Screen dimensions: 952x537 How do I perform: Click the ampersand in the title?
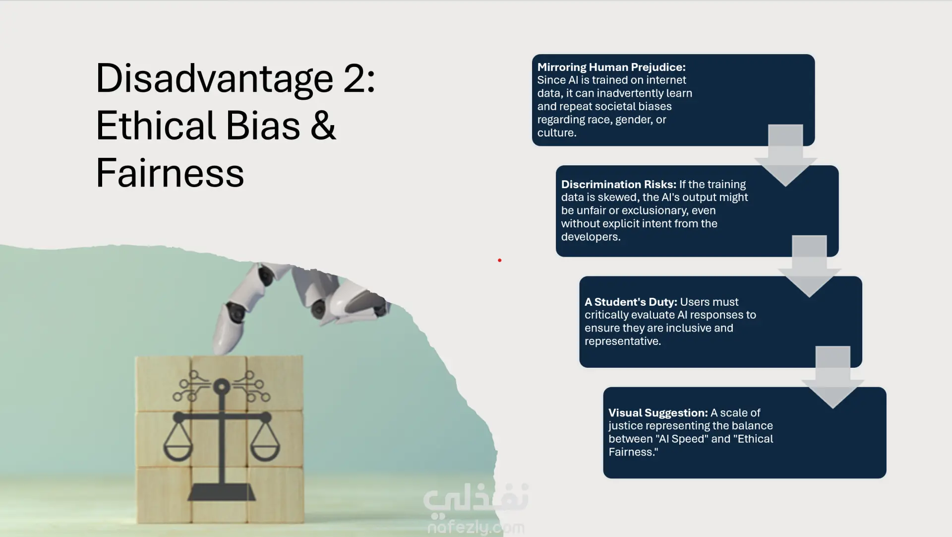click(x=323, y=125)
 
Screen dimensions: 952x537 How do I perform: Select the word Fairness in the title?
click(x=170, y=173)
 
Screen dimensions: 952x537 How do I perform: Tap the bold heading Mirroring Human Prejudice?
click(x=611, y=67)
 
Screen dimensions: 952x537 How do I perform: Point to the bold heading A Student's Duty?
click(x=631, y=302)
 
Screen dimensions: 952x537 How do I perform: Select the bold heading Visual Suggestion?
click(x=658, y=412)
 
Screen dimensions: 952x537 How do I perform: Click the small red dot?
click(x=499, y=260)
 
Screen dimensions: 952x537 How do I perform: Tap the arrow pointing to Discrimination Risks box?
click(x=785, y=156)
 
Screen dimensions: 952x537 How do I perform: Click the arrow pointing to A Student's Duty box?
click(x=809, y=267)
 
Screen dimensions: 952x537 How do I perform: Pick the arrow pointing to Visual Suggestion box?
click(x=833, y=378)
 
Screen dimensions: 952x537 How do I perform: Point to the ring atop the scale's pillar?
click(x=221, y=386)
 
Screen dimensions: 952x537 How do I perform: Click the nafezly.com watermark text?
click(x=476, y=528)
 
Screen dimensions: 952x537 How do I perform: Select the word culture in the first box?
click(x=556, y=133)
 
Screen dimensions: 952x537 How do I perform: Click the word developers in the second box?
click(x=590, y=237)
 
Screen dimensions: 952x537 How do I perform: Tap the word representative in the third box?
click(x=622, y=341)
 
